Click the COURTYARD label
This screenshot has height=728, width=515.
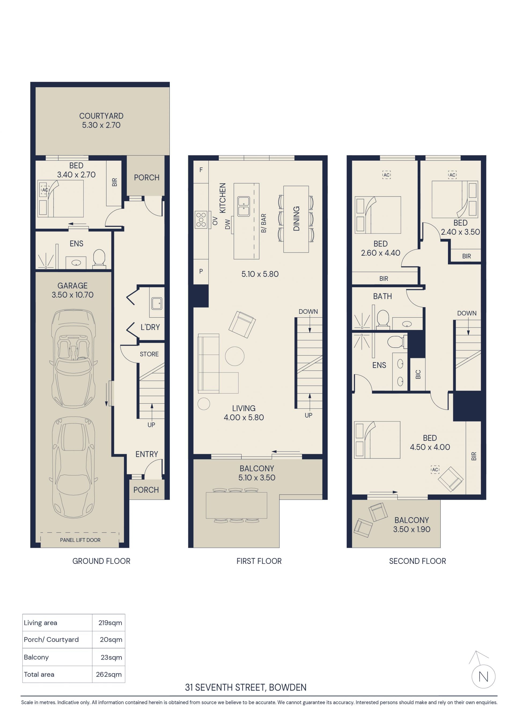click(x=101, y=116)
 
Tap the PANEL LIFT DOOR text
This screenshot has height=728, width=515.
click(x=80, y=540)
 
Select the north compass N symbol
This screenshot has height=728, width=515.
click(x=483, y=677)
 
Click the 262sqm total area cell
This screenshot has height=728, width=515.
click(x=109, y=674)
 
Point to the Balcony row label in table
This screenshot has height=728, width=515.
click(x=36, y=657)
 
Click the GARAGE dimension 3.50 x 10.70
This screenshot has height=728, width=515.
click(x=73, y=295)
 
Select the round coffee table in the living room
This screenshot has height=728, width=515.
click(x=235, y=356)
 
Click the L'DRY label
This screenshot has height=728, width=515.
click(x=150, y=327)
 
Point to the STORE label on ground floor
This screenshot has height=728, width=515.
click(x=149, y=354)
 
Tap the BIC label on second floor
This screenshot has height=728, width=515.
click(x=418, y=374)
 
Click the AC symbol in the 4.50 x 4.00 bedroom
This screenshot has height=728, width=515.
click(x=435, y=470)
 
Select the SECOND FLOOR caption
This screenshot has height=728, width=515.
click(x=417, y=561)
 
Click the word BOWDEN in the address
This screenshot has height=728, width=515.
click(x=288, y=687)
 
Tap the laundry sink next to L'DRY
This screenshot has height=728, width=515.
click(x=157, y=303)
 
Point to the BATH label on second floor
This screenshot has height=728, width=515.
click(x=382, y=296)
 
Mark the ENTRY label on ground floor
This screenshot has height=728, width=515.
click(x=146, y=454)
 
